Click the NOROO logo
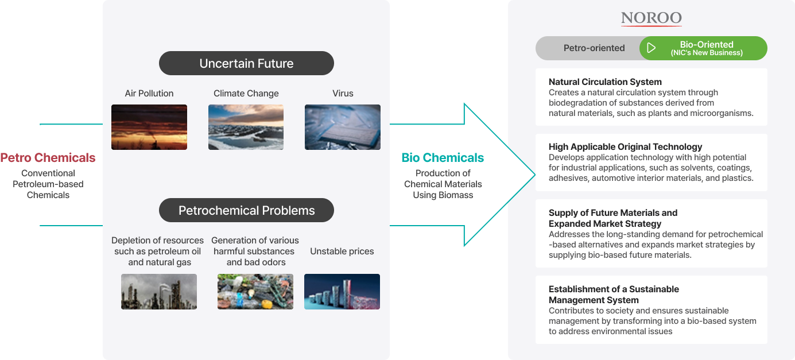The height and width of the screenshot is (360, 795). pyautogui.click(x=651, y=18)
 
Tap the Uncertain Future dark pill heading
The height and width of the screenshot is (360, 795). pyautogui.click(x=246, y=63)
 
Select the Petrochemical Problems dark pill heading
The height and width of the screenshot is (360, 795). pyautogui.click(x=246, y=210)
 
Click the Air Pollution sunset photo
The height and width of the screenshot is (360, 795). pyautogui.click(x=149, y=127)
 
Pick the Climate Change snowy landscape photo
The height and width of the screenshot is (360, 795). pyautogui.click(x=246, y=127)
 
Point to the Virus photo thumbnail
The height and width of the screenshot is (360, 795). pyautogui.click(x=343, y=127)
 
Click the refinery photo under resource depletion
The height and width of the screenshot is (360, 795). pyautogui.click(x=159, y=292)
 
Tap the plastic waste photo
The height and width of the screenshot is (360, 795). pyautogui.click(x=255, y=292)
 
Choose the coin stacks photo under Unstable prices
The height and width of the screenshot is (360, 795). pyautogui.click(x=342, y=292)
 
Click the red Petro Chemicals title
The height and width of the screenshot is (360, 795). pyautogui.click(x=48, y=158)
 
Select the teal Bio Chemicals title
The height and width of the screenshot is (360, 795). pyautogui.click(x=443, y=158)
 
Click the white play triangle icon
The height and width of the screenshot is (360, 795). pyautogui.click(x=651, y=48)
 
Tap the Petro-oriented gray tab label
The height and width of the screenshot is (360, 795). pyautogui.click(x=594, y=48)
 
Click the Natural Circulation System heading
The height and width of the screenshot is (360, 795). pyautogui.click(x=605, y=82)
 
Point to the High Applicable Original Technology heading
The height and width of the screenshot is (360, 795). pyautogui.click(x=625, y=147)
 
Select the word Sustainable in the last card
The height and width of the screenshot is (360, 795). pyautogui.click(x=654, y=289)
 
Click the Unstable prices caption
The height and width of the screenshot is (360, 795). pyautogui.click(x=342, y=251)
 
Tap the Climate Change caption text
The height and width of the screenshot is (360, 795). pyautogui.click(x=246, y=94)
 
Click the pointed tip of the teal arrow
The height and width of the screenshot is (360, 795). pyautogui.click(x=535, y=175)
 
